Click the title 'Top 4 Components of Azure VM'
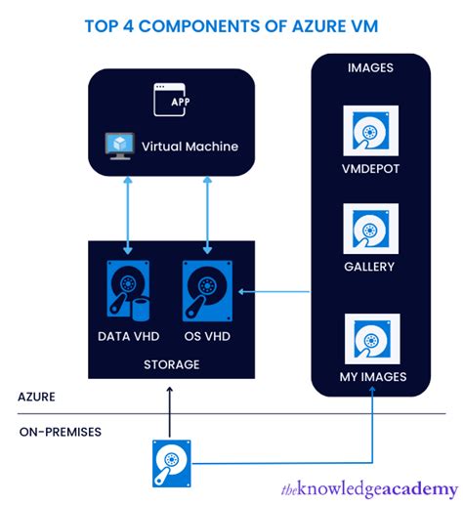click(231, 25)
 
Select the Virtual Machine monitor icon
click(119, 147)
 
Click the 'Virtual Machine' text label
click(189, 147)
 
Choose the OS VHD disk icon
click(206, 290)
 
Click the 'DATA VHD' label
click(128, 335)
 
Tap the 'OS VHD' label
click(207, 335)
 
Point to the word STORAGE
click(171, 364)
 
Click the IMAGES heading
click(369, 67)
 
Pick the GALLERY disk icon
click(370, 228)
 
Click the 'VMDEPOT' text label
click(370, 168)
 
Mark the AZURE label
click(38, 398)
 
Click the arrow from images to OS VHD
click(279, 290)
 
